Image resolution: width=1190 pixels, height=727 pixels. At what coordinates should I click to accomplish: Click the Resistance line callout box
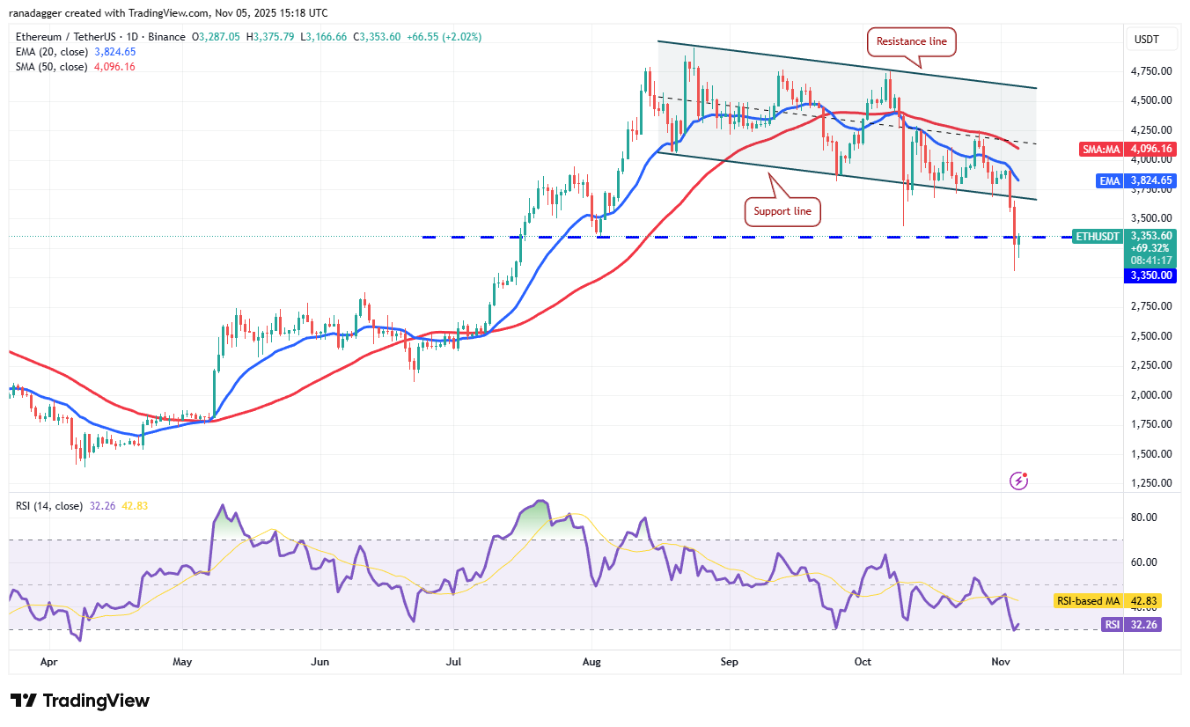coord(911,40)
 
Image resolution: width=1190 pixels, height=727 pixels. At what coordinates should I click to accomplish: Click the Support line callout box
coord(783,211)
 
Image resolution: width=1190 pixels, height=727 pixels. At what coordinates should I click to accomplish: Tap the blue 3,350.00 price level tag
coord(1151,275)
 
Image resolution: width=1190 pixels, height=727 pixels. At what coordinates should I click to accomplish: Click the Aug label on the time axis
coord(591,660)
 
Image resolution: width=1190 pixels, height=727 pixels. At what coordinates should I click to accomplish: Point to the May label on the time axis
coord(182,660)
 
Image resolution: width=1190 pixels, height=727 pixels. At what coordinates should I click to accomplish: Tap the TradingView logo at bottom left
coord(80,701)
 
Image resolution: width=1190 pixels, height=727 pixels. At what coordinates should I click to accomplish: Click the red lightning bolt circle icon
coord(1019,481)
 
